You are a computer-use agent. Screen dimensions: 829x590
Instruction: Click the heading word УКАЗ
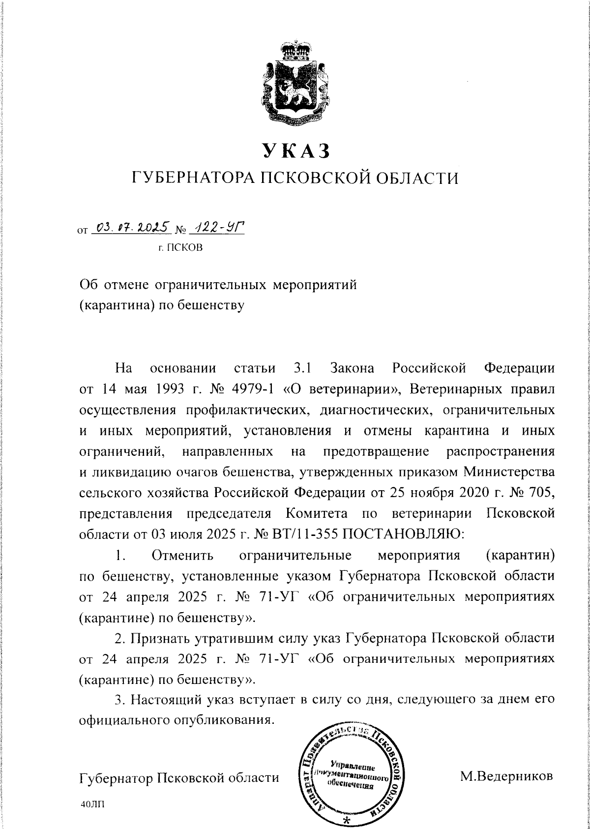pos(295,150)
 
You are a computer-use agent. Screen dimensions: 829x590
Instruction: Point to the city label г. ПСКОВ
pos(180,247)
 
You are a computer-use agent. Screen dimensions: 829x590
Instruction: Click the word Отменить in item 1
pos(182,556)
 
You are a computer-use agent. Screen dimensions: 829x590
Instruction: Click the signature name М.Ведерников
pos(506,776)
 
